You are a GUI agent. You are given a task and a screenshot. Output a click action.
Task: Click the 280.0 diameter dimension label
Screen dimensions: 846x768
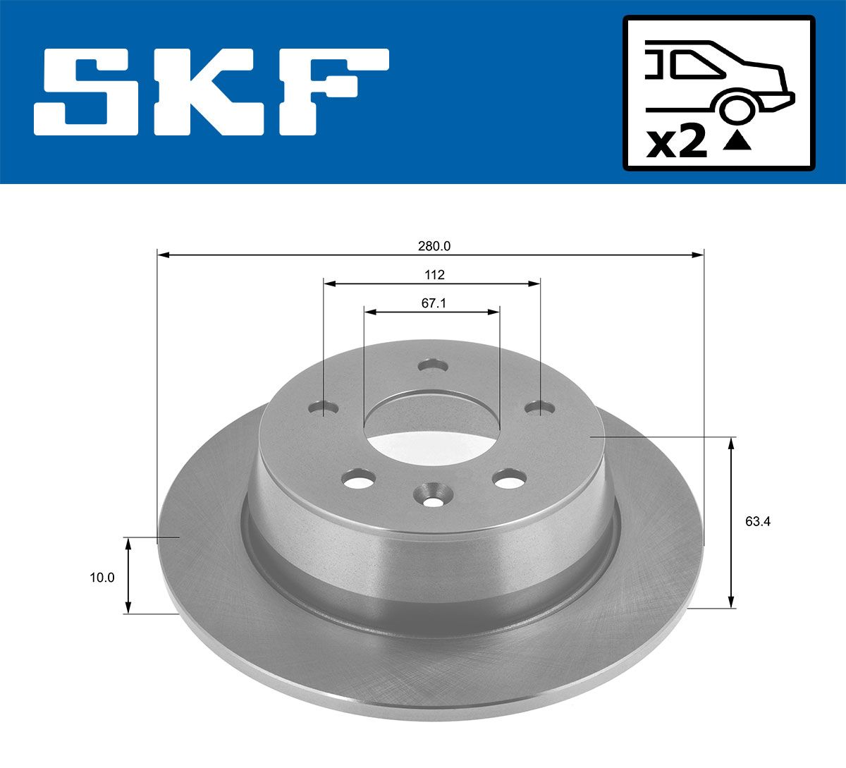tap(434, 246)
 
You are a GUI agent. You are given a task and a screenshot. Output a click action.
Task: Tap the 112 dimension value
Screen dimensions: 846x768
tap(434, 275)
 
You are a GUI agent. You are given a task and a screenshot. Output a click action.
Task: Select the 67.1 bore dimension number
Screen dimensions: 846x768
tap(434, 303)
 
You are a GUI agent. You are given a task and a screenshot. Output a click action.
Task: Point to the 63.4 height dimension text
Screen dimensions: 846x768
tap(758, 522)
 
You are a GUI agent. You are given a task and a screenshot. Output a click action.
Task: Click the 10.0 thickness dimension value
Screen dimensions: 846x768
tap(102, 578)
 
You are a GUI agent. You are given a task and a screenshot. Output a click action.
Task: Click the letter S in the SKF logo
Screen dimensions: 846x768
tap(87, 92)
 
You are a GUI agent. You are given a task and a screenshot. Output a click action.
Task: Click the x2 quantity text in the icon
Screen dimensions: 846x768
tap(677, 143)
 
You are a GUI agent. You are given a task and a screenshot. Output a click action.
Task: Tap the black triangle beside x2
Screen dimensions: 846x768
tap(737, 141)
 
